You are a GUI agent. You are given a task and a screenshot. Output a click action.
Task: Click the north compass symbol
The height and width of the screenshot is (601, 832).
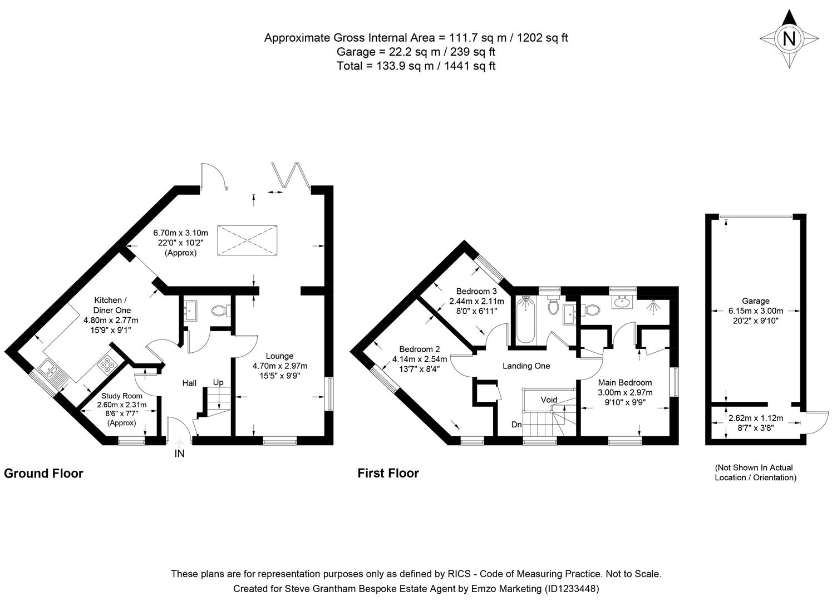point(789,39)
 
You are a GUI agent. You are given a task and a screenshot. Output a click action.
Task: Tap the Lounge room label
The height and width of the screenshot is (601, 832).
point(279,356)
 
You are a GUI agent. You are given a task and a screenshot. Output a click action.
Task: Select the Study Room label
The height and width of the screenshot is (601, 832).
point(121,396)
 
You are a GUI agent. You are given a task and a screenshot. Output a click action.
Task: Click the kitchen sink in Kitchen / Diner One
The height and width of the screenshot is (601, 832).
point(53,371)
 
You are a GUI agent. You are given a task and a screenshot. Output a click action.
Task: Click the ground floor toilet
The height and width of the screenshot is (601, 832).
point(220,310)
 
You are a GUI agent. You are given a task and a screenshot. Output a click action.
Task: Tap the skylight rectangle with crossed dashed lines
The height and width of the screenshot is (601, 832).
point(247,240)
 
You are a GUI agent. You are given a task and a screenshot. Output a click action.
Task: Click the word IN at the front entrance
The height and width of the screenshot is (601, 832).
point(179,454)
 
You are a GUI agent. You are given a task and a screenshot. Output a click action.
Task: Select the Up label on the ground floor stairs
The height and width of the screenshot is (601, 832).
point(219,383)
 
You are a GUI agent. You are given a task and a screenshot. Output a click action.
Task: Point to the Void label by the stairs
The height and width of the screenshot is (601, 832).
point(549,400)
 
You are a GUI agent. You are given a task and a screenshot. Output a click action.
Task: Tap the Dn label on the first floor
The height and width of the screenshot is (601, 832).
point(517,425)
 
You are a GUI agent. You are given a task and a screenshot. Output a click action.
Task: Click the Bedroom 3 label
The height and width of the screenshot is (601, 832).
point(476,291)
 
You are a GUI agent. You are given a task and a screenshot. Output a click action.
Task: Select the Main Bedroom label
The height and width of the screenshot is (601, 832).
point(624,383)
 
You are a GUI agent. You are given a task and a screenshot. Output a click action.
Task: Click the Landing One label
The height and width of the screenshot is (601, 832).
point(526,366)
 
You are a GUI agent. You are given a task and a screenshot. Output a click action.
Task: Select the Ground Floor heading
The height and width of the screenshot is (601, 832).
point(43,474)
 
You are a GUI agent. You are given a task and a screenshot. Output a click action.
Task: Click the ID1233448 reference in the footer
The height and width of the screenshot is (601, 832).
point(573,588)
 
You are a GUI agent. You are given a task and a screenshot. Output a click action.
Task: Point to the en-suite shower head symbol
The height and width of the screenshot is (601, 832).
point(653,306)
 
